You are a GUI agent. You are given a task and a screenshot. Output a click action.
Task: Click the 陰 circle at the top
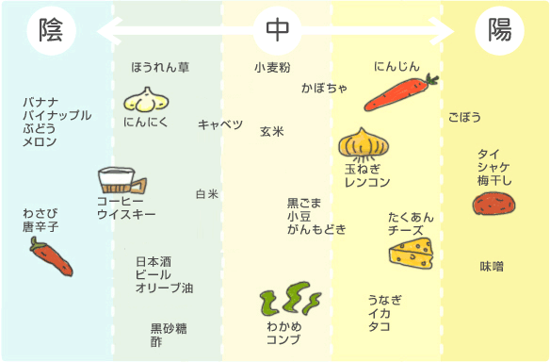[52, 30]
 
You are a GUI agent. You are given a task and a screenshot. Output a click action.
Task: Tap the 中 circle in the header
[278, 30]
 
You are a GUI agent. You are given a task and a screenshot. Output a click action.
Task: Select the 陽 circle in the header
[499, 30]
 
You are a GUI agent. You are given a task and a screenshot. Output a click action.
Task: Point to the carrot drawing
[401, 92]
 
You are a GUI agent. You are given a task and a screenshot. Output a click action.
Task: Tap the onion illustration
[364, 144]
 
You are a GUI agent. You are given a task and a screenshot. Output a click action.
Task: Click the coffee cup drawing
[121, 180]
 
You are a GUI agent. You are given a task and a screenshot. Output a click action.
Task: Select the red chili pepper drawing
[51, 256]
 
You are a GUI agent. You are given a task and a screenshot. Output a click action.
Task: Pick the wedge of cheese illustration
[412, 254]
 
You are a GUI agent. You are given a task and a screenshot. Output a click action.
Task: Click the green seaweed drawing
[290, 299]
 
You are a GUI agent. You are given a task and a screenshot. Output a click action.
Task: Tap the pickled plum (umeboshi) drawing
[493, 204]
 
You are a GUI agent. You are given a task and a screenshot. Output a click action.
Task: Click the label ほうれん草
[160, 67]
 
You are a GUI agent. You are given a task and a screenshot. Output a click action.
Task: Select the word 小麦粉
[272, 67]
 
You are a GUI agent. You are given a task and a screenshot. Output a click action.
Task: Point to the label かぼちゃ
[325, 88]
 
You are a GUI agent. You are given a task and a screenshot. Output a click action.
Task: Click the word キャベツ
[220, 124]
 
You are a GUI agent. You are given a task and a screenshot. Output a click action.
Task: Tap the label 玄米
[272, 131]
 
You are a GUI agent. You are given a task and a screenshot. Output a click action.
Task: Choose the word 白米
[207, 194]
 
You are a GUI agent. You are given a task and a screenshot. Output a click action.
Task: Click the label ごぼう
[464, 117]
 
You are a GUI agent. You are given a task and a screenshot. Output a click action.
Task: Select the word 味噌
[492, 267]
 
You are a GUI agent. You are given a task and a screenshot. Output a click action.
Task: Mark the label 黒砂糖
[169, 328]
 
